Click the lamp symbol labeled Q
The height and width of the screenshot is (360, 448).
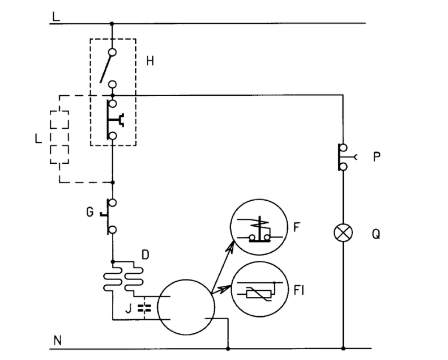[x=343, y=232]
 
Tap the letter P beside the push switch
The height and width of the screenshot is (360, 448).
[x=377, y=156]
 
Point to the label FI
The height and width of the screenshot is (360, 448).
[x=298, y=290]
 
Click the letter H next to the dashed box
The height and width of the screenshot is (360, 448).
[x=150, y=61]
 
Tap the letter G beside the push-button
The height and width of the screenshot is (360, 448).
[x=89, y=212]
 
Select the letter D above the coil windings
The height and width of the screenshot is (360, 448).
[x=146, y=254]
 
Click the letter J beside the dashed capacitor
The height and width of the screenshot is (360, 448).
[x=129, y=308]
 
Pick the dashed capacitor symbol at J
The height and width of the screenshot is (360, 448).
[x=144, y=308]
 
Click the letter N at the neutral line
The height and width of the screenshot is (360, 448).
[x=57, y=341]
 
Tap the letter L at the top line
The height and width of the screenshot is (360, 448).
[x=56, y=16]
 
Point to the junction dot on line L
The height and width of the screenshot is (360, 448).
[x=112, y=23]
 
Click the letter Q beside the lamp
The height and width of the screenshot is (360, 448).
[x=376, y=234]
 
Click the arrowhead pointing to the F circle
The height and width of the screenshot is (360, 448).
[x=231, y=246]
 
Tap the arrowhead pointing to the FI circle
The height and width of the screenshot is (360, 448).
[x=227, y=288]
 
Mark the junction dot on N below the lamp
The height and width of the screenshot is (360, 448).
[x=343, y=349]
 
